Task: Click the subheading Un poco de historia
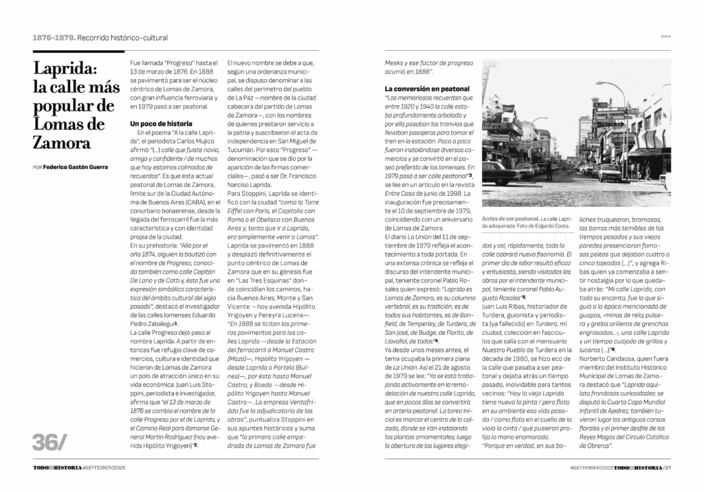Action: tap(162, 123)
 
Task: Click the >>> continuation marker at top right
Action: tap(665, 36)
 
